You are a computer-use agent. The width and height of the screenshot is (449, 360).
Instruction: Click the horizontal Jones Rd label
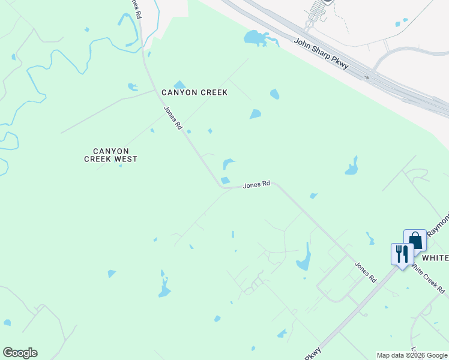click(x=256, y=185)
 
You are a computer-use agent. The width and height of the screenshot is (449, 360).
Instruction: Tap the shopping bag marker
click(x=415, y=239)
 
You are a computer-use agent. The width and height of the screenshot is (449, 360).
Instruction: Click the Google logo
click(x=20, y=353)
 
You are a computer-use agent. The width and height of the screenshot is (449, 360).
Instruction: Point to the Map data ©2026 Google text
click(x=412, y=355)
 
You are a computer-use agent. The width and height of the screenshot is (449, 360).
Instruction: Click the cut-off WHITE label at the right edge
click(x=435, y=257)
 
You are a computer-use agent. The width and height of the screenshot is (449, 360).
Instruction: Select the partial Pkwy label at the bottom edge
click(x=313, y=354)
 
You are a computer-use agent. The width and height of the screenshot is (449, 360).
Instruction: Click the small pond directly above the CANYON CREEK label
click(x=179, y=85)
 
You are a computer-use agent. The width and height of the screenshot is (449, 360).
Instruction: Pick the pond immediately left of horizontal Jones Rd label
click(x=225, y=181)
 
